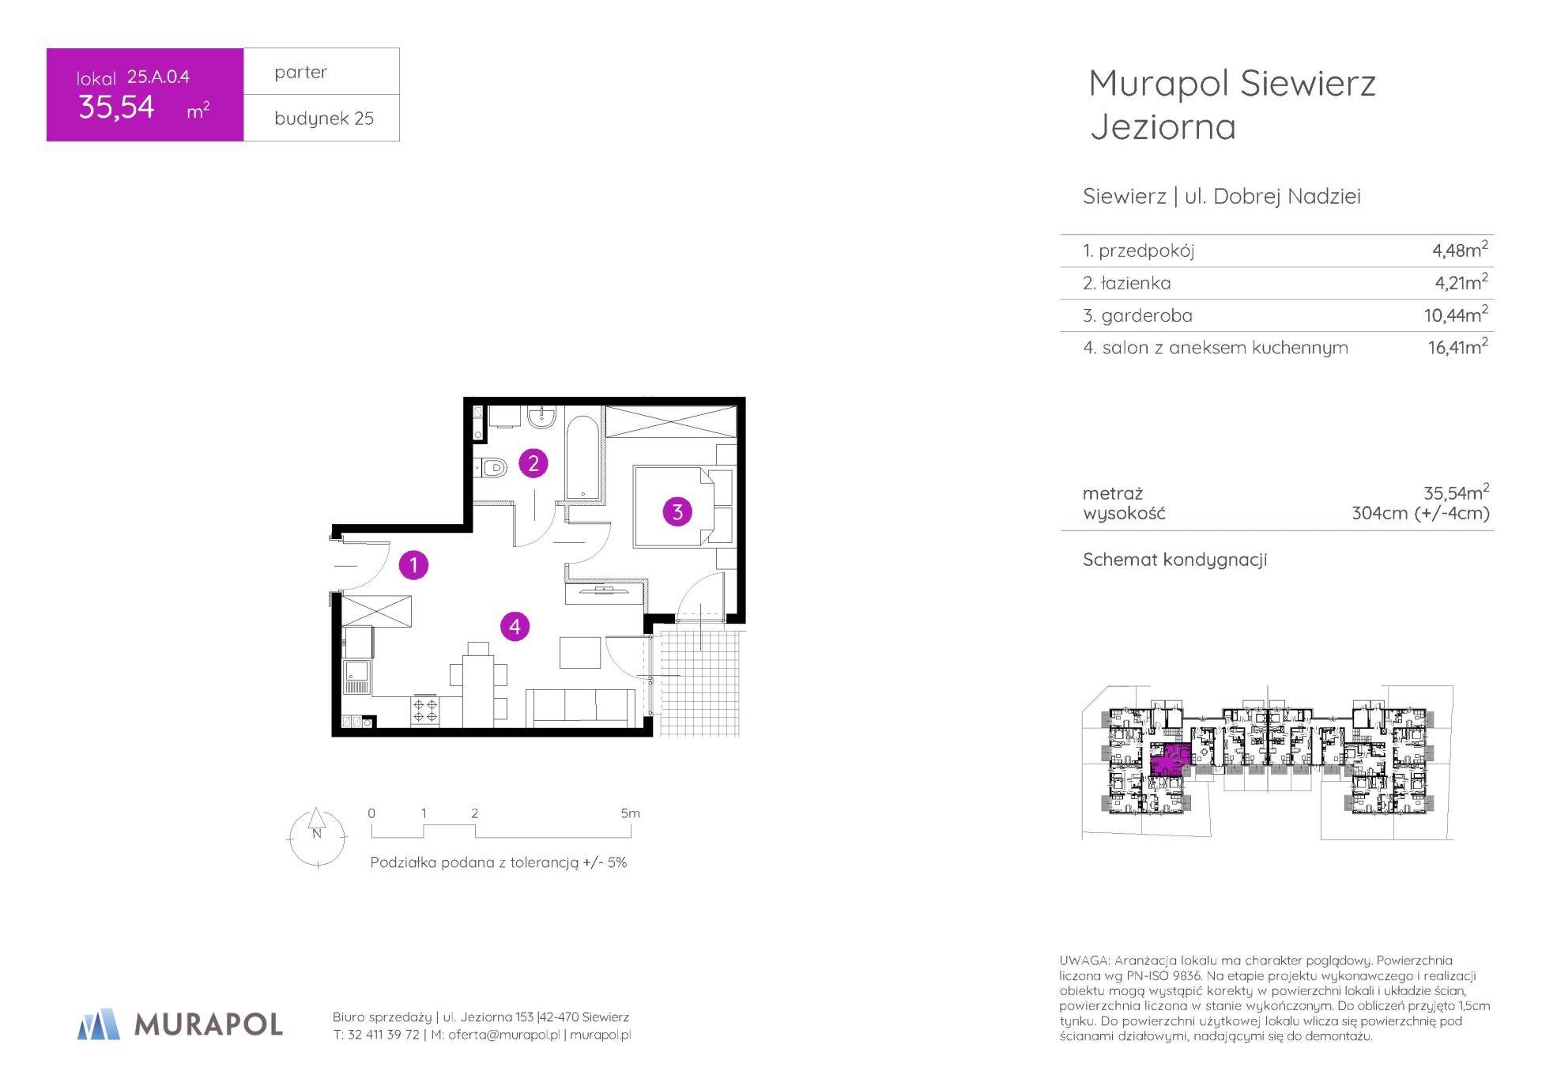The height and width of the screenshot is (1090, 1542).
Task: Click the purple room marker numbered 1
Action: click(413, 565)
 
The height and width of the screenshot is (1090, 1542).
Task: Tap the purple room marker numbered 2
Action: click(533, 463)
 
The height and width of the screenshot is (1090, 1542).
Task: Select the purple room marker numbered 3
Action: click(677, 512)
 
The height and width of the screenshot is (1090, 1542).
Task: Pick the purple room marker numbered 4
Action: click(515, 627)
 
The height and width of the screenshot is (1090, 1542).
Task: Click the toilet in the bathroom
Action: click(491, 468)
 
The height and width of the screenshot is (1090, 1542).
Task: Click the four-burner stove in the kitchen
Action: click(425, 711)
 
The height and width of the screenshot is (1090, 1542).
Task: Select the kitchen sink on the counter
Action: click(356, 677)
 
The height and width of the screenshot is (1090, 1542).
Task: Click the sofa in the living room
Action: click(580, 707)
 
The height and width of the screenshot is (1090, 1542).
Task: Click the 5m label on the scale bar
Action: click(630, 813)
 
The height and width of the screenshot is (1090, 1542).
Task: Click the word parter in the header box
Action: click(300, 73)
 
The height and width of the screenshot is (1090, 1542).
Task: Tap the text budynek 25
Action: click(324, 119)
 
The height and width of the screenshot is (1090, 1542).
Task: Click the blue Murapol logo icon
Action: click(99, 1024)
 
